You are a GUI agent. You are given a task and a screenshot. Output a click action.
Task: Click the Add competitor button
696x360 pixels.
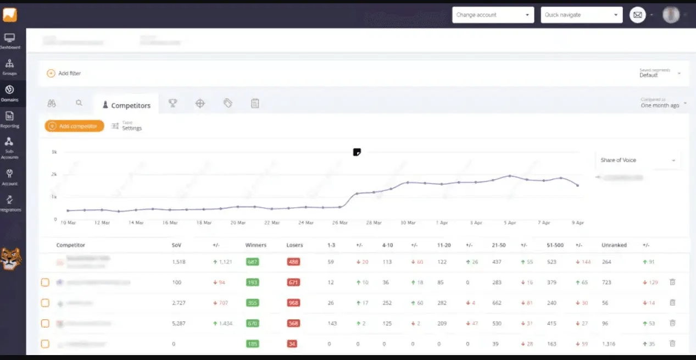(74, 126)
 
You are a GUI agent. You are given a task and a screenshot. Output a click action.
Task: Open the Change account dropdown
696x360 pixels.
(493, 15)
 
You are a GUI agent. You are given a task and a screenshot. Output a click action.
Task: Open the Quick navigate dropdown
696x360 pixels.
(581, 15)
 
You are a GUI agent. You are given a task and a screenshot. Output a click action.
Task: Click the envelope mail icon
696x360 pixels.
(637, 15)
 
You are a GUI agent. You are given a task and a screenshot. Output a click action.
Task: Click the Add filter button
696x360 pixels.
(64, 73)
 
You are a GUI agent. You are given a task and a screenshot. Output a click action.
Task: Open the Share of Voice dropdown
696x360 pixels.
(638, 160)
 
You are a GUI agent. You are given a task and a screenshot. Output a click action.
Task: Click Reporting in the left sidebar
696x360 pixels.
(10, 119)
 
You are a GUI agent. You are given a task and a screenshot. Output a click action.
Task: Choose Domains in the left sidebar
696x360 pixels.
(10, 93)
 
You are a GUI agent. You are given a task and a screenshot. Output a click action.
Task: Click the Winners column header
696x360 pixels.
(256, 245)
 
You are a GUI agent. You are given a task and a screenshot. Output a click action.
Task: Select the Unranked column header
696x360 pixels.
(614, 245)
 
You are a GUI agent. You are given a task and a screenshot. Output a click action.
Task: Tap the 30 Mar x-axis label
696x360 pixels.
(408, 223)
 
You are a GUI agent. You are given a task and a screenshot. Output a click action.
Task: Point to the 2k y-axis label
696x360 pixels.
(54, 174)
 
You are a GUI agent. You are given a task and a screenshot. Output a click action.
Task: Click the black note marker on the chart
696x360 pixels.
(357, 152)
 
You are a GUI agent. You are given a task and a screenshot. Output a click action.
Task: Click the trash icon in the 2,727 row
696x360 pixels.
(672, 302)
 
